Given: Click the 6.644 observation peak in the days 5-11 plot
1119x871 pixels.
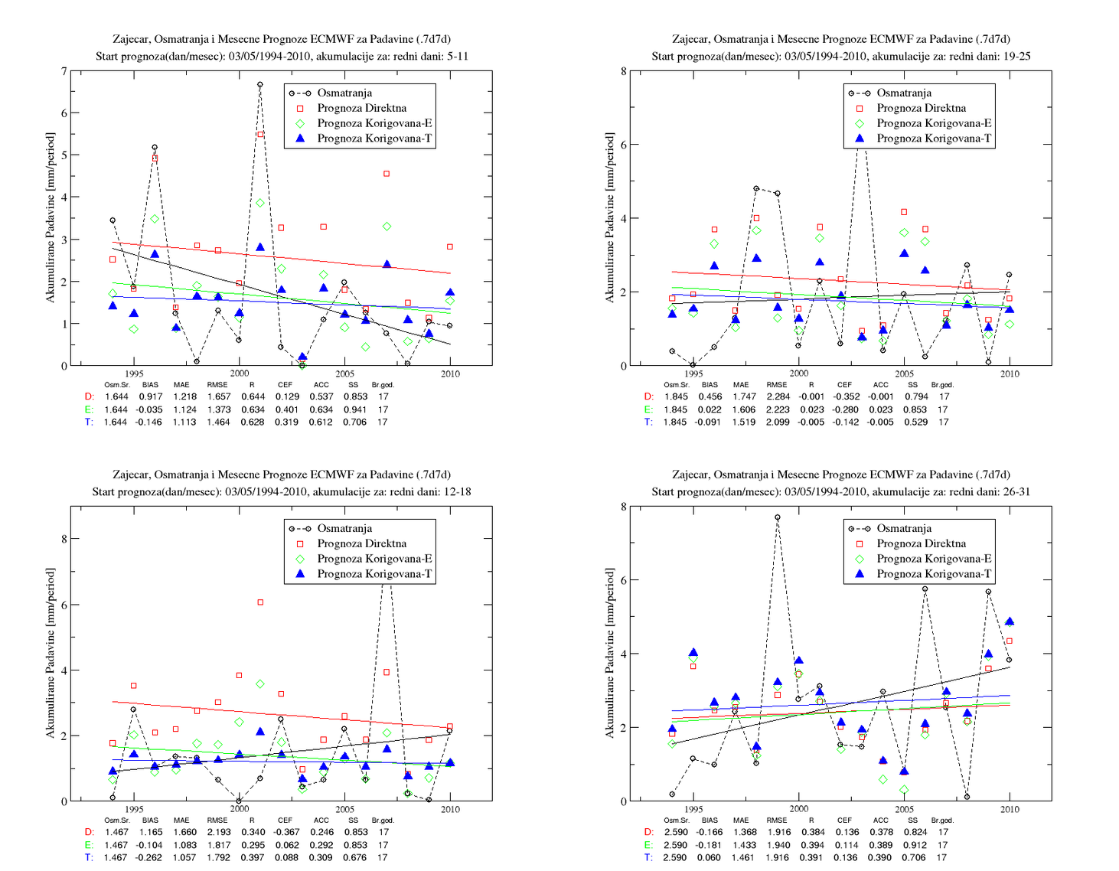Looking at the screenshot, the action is click(x=260, y=84).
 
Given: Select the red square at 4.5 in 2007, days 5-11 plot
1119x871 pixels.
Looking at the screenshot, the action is click(x=387, y=174).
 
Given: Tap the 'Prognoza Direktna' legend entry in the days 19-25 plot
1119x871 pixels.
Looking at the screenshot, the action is click(x=921, y=108).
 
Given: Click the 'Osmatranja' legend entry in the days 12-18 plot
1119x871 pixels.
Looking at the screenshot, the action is click(x=344, y=528).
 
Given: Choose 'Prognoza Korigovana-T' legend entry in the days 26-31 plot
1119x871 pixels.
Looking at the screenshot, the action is click(x=934, y=573).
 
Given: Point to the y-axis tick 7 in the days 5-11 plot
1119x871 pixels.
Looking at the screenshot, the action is click(x=64, y=71).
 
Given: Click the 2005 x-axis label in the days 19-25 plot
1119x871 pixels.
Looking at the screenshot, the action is click(x=904, y=374).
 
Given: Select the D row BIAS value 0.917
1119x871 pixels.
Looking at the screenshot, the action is click(x=150, y=396).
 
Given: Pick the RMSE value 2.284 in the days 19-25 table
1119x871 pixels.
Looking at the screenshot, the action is click(x=778, y=396).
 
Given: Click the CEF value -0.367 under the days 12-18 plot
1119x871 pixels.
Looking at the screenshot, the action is click(x=286, y=832).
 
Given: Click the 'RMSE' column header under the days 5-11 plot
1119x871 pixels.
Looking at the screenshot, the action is click(x=217, y=384).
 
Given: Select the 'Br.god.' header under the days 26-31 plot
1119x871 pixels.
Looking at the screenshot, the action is click(x=942, y=820).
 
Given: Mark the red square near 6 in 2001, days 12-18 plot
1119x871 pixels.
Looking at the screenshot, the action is click(x=260, y=602).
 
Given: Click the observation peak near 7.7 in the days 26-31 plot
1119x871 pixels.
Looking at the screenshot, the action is click(x=778, y=517).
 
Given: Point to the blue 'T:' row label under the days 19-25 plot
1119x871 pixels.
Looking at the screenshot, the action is click(x=648, y=422).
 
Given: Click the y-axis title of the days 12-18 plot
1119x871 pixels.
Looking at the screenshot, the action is click(x=50, y=654).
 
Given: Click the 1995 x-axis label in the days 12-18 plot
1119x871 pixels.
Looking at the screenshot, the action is click(x=134, y=809).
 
